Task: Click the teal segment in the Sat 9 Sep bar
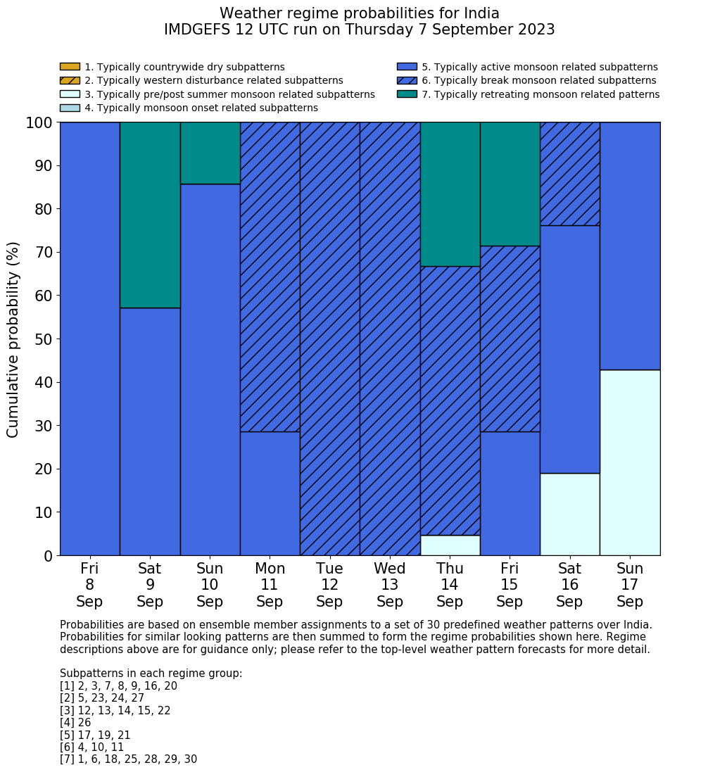(150, 215)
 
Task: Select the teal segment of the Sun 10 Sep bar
(210, 153)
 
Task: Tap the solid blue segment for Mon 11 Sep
(270, 493)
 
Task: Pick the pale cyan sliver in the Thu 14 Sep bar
(450, 545)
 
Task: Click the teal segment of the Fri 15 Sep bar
(510, 184)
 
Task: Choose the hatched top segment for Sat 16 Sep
(569, 174)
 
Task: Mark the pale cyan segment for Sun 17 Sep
(630, 462)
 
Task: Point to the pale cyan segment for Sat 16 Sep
(569, 514)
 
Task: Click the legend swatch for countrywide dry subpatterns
(70, 67)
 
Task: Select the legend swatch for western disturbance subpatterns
(70, 80)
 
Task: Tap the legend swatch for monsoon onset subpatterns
(70, 108)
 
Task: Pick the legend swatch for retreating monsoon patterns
(407, 94)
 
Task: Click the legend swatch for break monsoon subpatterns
(407, 80)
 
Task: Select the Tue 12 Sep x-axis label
(329, 585)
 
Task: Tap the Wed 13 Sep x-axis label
(390, 585)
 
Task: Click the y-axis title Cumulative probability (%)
(13, 339)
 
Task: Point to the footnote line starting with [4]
(75, 723)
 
